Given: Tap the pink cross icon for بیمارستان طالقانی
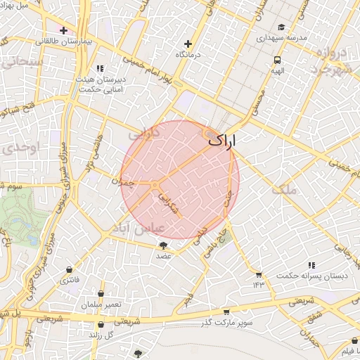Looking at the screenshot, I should [x=64, y=30].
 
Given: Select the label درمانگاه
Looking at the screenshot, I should [x=188, y=54].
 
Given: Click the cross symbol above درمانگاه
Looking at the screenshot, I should [x=188, y=43].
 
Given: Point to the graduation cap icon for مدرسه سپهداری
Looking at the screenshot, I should [x=281, y=27].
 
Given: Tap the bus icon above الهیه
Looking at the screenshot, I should [x=278, y=60].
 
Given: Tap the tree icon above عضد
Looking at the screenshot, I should [x=164, y=245].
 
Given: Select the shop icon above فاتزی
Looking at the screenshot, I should [x=69, y=270].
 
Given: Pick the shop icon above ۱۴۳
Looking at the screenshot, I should [x=258, y=274].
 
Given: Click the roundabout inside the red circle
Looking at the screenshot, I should [x=155, y=184].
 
